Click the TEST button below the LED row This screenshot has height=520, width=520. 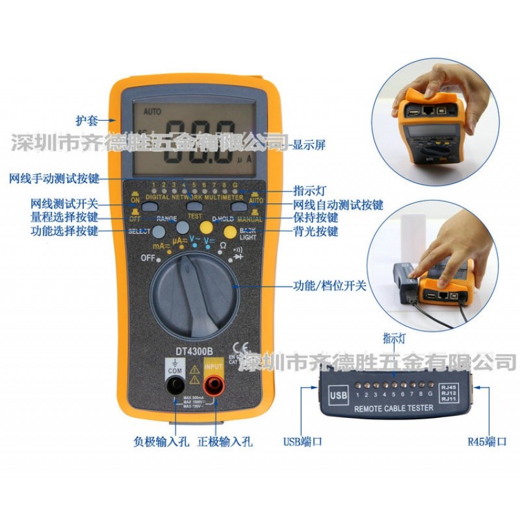194,206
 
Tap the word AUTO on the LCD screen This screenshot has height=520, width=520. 153,111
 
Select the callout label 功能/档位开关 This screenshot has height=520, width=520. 329,285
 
